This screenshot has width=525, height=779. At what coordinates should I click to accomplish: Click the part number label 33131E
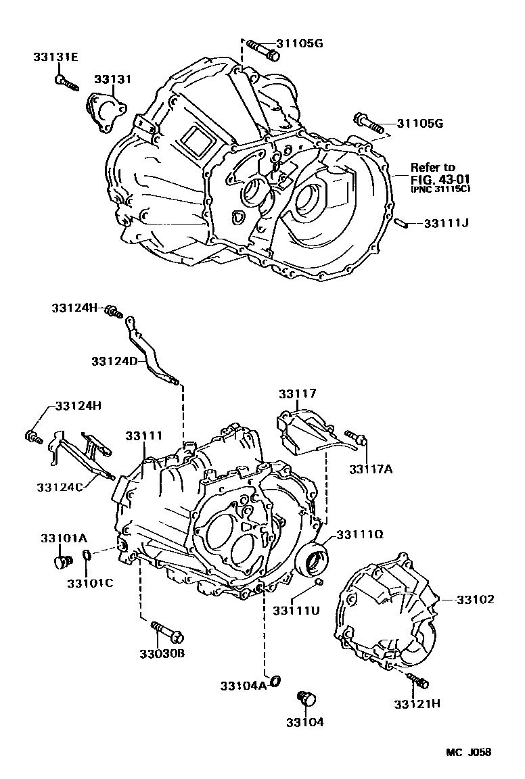pos(55,57)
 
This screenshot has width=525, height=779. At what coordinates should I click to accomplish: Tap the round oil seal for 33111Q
pos(315,559)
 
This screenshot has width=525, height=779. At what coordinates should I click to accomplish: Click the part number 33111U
pos(296,611)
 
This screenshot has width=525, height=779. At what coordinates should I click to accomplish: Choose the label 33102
pos(474,599)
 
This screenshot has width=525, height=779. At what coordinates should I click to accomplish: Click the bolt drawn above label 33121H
pos(416,679)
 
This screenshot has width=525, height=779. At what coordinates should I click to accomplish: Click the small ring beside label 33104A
pos(275,681)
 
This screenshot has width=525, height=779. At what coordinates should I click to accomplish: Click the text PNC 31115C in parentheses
pos(440,189)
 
